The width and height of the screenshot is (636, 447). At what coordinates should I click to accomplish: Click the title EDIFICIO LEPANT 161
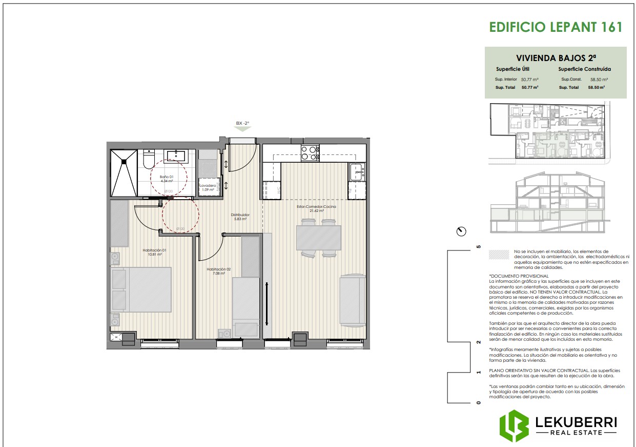click(x=556, y=27)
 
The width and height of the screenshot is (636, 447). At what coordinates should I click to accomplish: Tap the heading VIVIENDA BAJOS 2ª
click(x=556, y=58)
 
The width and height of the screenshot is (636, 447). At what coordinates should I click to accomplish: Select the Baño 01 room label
click(x=166, y=179)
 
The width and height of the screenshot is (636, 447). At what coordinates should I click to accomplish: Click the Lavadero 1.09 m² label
click(x=208, y=188)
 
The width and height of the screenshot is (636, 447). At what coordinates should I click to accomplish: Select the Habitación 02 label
click(x=219, y=271)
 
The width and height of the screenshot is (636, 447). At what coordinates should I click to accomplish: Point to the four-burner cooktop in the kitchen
click(x=310, y=153)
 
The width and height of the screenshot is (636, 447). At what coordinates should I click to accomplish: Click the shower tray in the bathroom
click(x=124, y=172)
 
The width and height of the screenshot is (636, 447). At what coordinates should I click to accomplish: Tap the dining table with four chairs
click(x=318, y=238)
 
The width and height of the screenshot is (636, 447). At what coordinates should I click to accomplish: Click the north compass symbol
click(x=461, y=231)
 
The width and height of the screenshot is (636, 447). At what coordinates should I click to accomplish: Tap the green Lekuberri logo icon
click(x=514, y=425)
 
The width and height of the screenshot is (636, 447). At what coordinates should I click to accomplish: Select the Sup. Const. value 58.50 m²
click(x=599, y=80)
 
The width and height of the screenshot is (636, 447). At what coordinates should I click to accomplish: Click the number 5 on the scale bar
click(x=479, y=247)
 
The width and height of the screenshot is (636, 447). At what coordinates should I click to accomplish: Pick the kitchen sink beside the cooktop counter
click(x=357, y=172)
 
